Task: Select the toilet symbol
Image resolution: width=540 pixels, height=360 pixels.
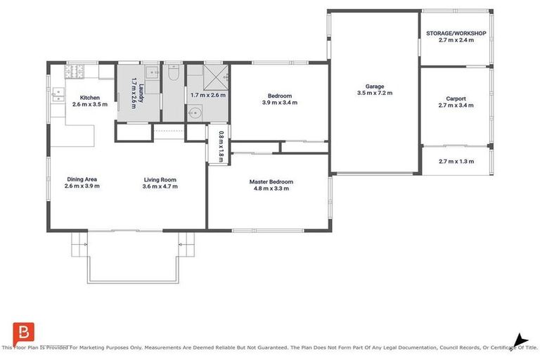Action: coord(173,72)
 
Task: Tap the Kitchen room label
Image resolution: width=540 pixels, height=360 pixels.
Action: coord(89,97)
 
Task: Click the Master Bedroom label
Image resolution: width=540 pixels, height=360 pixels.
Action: coord(271,181)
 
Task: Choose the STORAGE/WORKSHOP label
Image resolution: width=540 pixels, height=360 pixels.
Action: coord(456,33)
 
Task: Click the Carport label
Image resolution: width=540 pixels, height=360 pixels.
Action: coord(456,98)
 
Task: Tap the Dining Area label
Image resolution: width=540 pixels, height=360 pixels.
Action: coord(82,179)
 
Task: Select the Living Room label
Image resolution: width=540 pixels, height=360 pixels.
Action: coord(160,179)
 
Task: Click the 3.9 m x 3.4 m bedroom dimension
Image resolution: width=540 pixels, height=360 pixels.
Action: coord(279,103)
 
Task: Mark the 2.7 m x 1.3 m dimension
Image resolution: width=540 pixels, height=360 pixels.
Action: coord(456,161)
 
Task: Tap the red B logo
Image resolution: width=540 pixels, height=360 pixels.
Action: coord(23,332)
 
